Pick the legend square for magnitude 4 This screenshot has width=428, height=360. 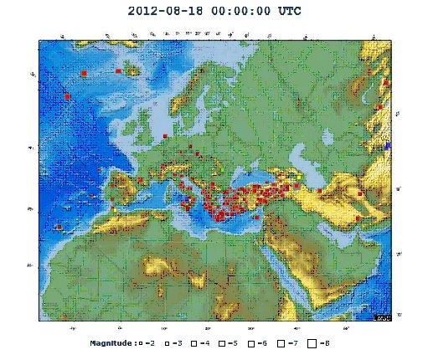[193, 343]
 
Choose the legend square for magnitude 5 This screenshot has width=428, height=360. [221, 343]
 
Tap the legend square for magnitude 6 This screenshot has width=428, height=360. [250, 343]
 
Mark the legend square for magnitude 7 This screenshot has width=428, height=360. [281, 343]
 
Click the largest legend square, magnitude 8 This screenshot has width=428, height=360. [312, 343]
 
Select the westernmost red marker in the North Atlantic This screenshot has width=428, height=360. [67, 97]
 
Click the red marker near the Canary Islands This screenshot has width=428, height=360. [59, 227]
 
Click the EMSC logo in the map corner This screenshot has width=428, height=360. [381, 316]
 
